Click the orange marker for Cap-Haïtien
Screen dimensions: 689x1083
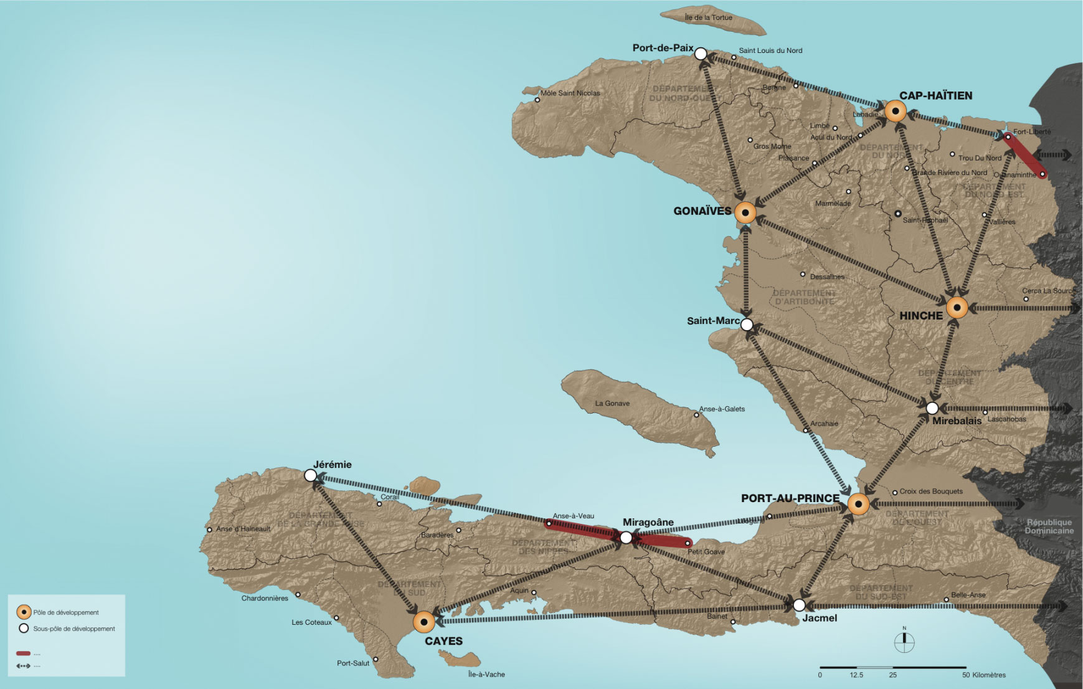(x=895, y=112)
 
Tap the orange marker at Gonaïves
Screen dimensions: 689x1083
(x=745, y=213)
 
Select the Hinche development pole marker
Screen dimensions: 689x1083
(x=957, y=308)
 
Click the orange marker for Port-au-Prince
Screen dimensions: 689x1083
(x=858, y=504)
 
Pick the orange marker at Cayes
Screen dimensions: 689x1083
(x=424, y=622)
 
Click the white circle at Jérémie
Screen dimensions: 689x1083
(x=310, y=476)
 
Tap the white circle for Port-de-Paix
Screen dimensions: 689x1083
(x=701, y=54)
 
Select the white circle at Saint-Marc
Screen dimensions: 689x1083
(x=747, y=325)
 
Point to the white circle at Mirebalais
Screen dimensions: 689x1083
(x=932, y=409)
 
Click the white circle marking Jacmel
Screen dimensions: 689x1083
(x=799, y=605)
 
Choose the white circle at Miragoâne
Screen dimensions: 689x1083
(x=626, y=538)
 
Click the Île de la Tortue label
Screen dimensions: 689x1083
(x=708, y=17)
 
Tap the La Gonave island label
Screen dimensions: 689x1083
(x=612, y=404)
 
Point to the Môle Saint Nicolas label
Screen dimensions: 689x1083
(x=570, y=93)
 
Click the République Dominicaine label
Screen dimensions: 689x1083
(x=1049, y=526)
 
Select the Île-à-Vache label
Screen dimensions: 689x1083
(x=486, y=675)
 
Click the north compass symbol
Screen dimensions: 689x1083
(x=904, y=642)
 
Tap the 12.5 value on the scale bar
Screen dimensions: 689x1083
(x=856, y=675)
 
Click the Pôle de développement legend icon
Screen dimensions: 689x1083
(x=24, y=612)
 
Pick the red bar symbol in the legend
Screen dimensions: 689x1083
(x=23, y=653)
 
